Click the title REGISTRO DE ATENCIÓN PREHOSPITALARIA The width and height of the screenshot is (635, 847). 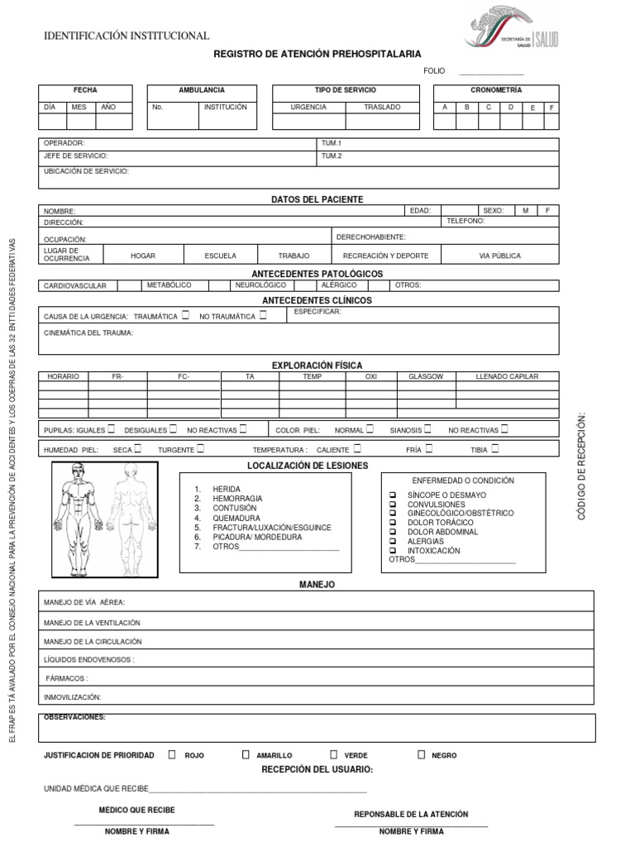tap(317, 54)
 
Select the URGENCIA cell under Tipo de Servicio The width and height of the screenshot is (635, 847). tap(308, 107)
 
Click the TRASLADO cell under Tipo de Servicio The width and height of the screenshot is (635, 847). tap(381, 107)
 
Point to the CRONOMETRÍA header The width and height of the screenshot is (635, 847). tap(496, 89)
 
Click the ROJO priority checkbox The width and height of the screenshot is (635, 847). tap(172, 754)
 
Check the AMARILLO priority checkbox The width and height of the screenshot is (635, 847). tap(246, 754)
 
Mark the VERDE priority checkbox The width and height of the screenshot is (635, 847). tap(333, 754)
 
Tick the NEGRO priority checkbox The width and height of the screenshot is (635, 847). tap(421, 754)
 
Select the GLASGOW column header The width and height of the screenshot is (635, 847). tap(426, 376)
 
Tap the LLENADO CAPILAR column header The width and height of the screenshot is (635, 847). tap(507, 376)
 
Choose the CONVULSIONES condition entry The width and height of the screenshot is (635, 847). tap(436, 504)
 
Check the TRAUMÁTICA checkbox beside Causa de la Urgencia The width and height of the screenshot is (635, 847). tap(185, 315)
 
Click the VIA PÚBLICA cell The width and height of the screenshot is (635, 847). tap(499, 256)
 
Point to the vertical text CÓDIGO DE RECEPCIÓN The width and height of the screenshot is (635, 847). tap(581, 467)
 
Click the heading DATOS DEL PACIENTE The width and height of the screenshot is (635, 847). tap(317, 199)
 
